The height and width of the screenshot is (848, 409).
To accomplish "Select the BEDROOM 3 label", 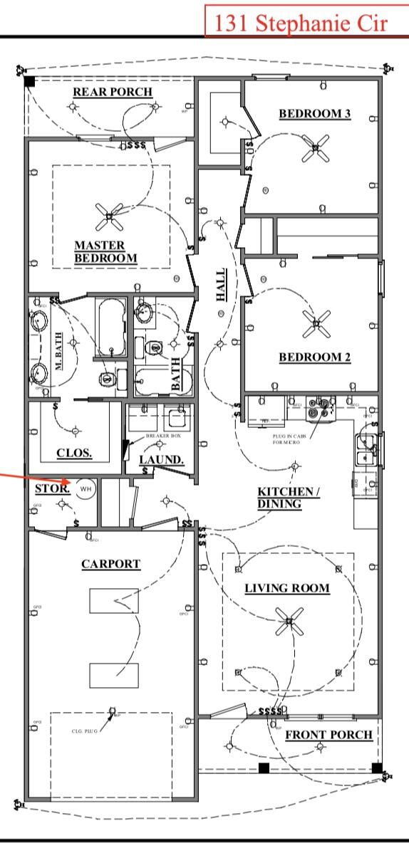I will (314, 114).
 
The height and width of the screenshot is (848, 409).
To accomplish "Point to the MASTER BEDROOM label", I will (105, 251).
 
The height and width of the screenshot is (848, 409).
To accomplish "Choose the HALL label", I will (222, 284).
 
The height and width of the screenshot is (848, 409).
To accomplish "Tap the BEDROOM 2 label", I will (314, 357).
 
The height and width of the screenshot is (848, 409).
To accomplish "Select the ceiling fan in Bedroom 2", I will (314, 324).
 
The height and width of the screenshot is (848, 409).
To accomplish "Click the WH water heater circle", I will (86, 489).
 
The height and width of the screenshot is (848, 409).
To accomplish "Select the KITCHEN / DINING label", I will (289, 498).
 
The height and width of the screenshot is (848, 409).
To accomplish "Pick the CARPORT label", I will (110, 564).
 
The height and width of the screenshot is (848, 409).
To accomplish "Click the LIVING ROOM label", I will (287, 588).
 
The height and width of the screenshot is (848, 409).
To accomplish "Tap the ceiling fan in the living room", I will (289, 622).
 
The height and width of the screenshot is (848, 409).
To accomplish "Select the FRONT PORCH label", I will (328, 734).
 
